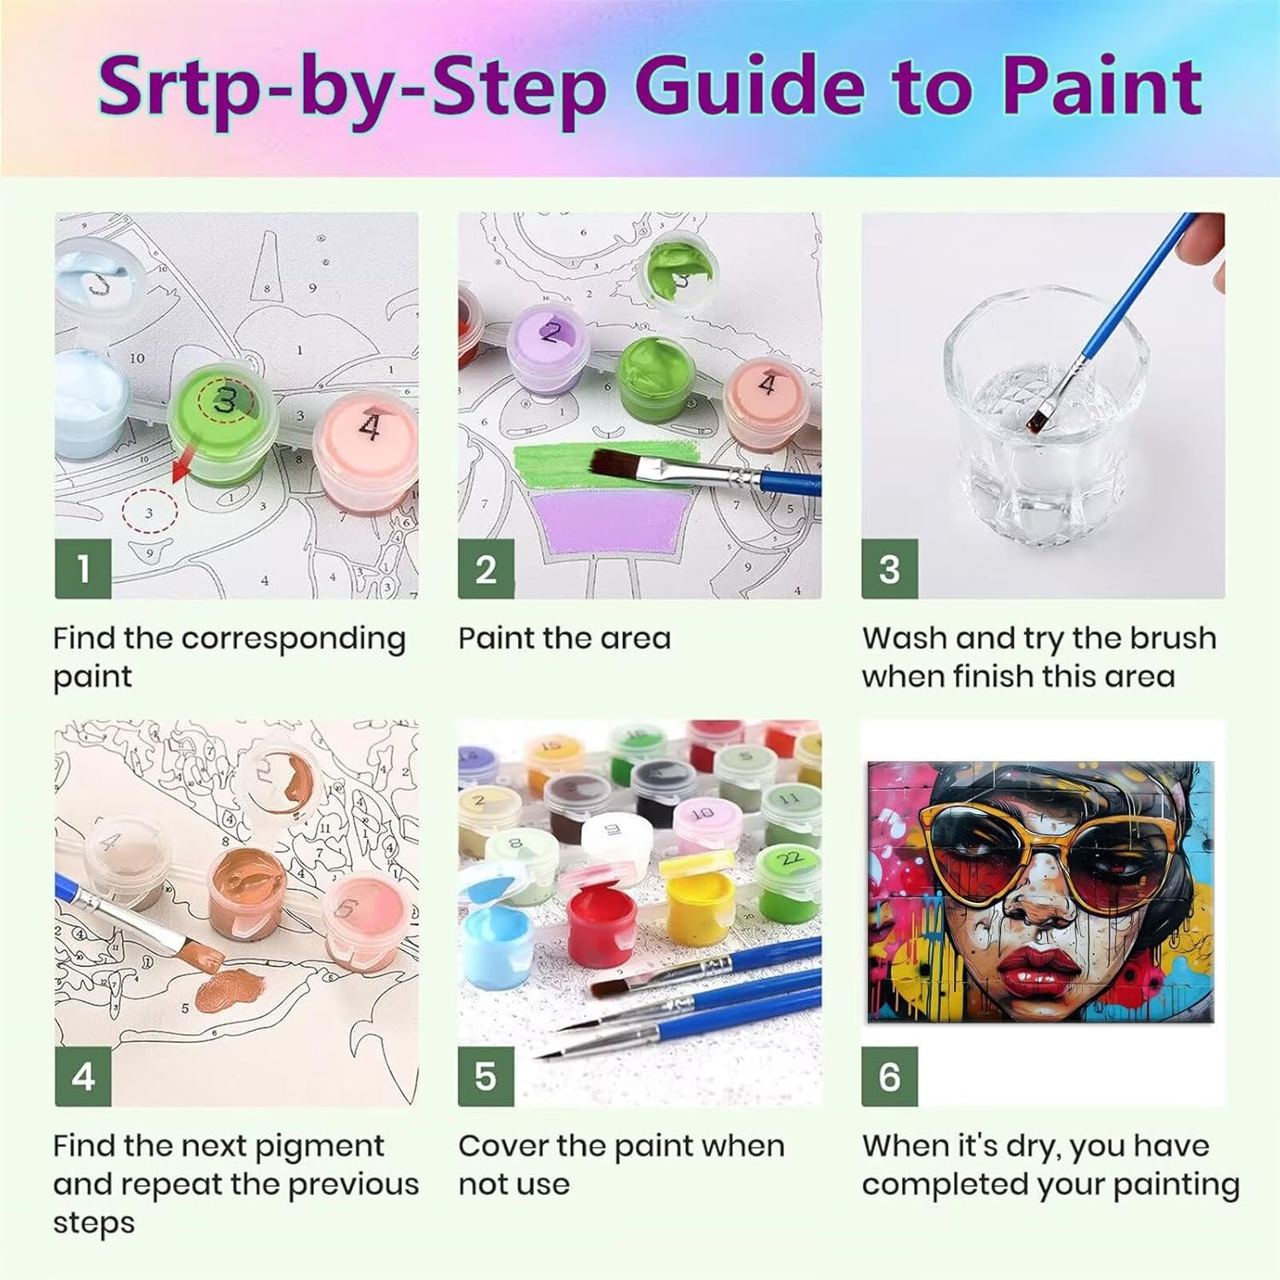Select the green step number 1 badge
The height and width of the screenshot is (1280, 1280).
coord(83,568)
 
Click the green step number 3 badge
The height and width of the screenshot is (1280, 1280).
coord(889,568)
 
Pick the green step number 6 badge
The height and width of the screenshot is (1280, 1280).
coord(889,1076)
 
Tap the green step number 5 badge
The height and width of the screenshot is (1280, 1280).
coord(486,1076)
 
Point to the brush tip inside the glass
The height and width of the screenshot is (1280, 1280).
coord(1039,418)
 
